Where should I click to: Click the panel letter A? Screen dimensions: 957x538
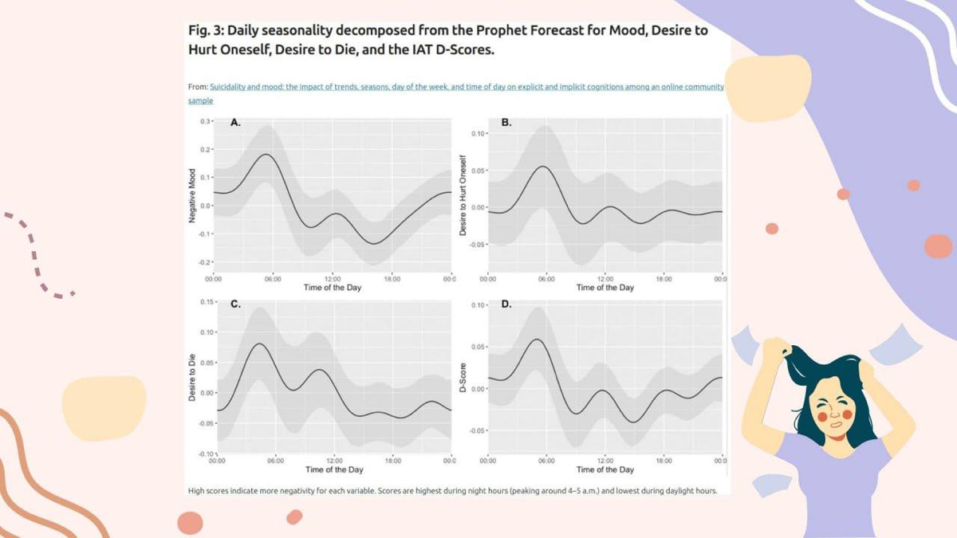[235, 123]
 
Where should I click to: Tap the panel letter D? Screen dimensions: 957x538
[506, 304]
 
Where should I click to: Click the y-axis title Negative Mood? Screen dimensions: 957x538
[192, 195]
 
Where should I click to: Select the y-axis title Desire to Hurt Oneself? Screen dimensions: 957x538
[463, 195]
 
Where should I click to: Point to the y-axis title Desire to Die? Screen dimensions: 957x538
[192, 378]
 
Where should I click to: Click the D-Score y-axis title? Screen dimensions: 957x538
[463, 378]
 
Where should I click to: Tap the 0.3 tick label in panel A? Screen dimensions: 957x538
[205, 121]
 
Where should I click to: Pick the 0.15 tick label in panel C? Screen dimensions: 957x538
[207, 302]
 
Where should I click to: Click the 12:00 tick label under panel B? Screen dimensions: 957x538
[605, 279]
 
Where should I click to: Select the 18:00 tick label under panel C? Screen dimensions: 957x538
[392, 461]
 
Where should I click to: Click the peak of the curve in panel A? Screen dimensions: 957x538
[266, 154]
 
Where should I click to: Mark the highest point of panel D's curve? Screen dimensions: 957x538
[537, 340]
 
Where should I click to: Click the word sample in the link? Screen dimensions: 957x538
[200, 100]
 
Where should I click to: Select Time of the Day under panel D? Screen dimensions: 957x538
[605, 469]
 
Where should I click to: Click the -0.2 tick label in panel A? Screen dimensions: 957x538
[205, 262]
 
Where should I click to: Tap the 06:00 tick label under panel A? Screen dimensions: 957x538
[273, 279]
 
